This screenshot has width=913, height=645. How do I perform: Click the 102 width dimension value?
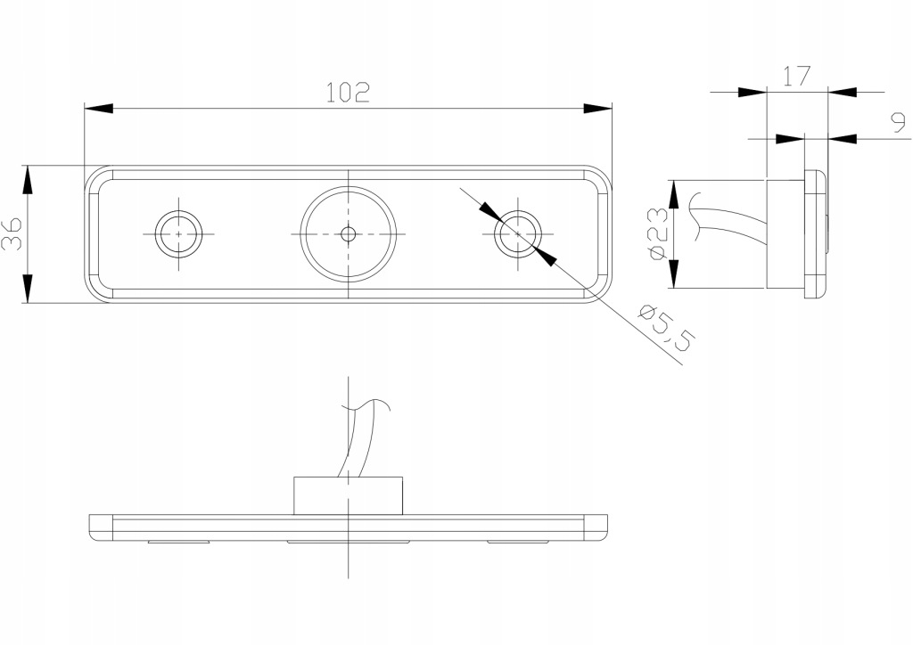pos(347,92)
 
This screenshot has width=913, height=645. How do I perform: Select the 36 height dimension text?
pos(13,233)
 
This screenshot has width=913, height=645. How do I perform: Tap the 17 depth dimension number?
pos(796,76)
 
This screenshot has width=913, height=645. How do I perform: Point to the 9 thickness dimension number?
pos(896,125)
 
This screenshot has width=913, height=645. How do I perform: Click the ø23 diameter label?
pos(657,233)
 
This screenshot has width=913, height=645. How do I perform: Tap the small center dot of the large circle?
pos(348,234)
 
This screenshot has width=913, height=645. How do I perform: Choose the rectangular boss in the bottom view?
pos(348,495)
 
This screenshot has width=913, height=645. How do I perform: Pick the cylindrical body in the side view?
pos(785,234)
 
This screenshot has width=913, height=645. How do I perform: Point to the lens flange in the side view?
pos(815,233)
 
